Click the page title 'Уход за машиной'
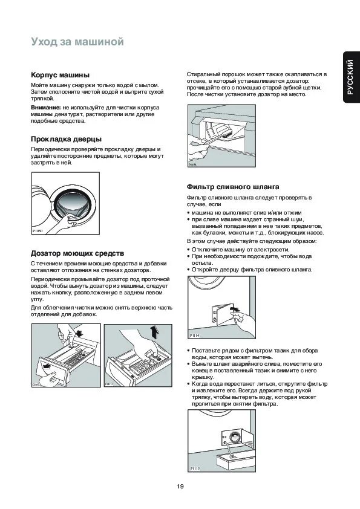77,42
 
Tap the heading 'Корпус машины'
60,75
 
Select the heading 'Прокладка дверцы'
67,139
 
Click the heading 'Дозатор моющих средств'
77,253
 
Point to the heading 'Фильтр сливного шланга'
233,187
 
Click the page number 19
180,486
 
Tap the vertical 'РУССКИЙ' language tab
350,77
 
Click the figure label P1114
194,336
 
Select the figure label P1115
195,468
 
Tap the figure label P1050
38,231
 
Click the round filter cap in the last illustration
234,437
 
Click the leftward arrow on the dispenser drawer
47,366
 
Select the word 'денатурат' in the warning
70,114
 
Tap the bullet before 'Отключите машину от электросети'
188,250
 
